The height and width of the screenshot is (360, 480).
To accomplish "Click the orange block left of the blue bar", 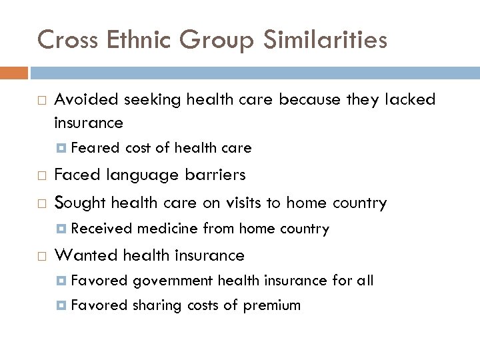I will (x=14, y=72).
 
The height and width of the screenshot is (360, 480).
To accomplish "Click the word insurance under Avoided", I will (x=88, y=123).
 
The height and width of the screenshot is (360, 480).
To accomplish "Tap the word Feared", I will (x=95, y=148).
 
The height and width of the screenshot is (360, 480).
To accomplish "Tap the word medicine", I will (x=165, y=229).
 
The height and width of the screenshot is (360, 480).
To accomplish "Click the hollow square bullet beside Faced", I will (x=42, y=176).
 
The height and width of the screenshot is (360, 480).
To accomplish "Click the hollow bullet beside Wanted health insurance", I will (x=42, y=256).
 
